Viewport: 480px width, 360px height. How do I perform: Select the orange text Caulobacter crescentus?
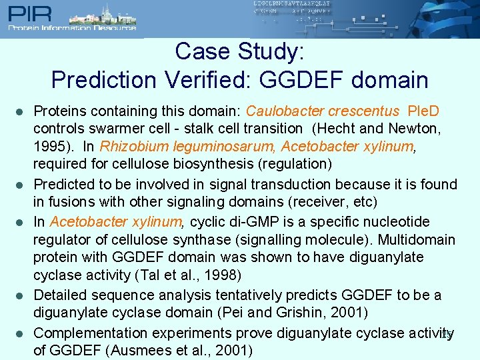[323, 110]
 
